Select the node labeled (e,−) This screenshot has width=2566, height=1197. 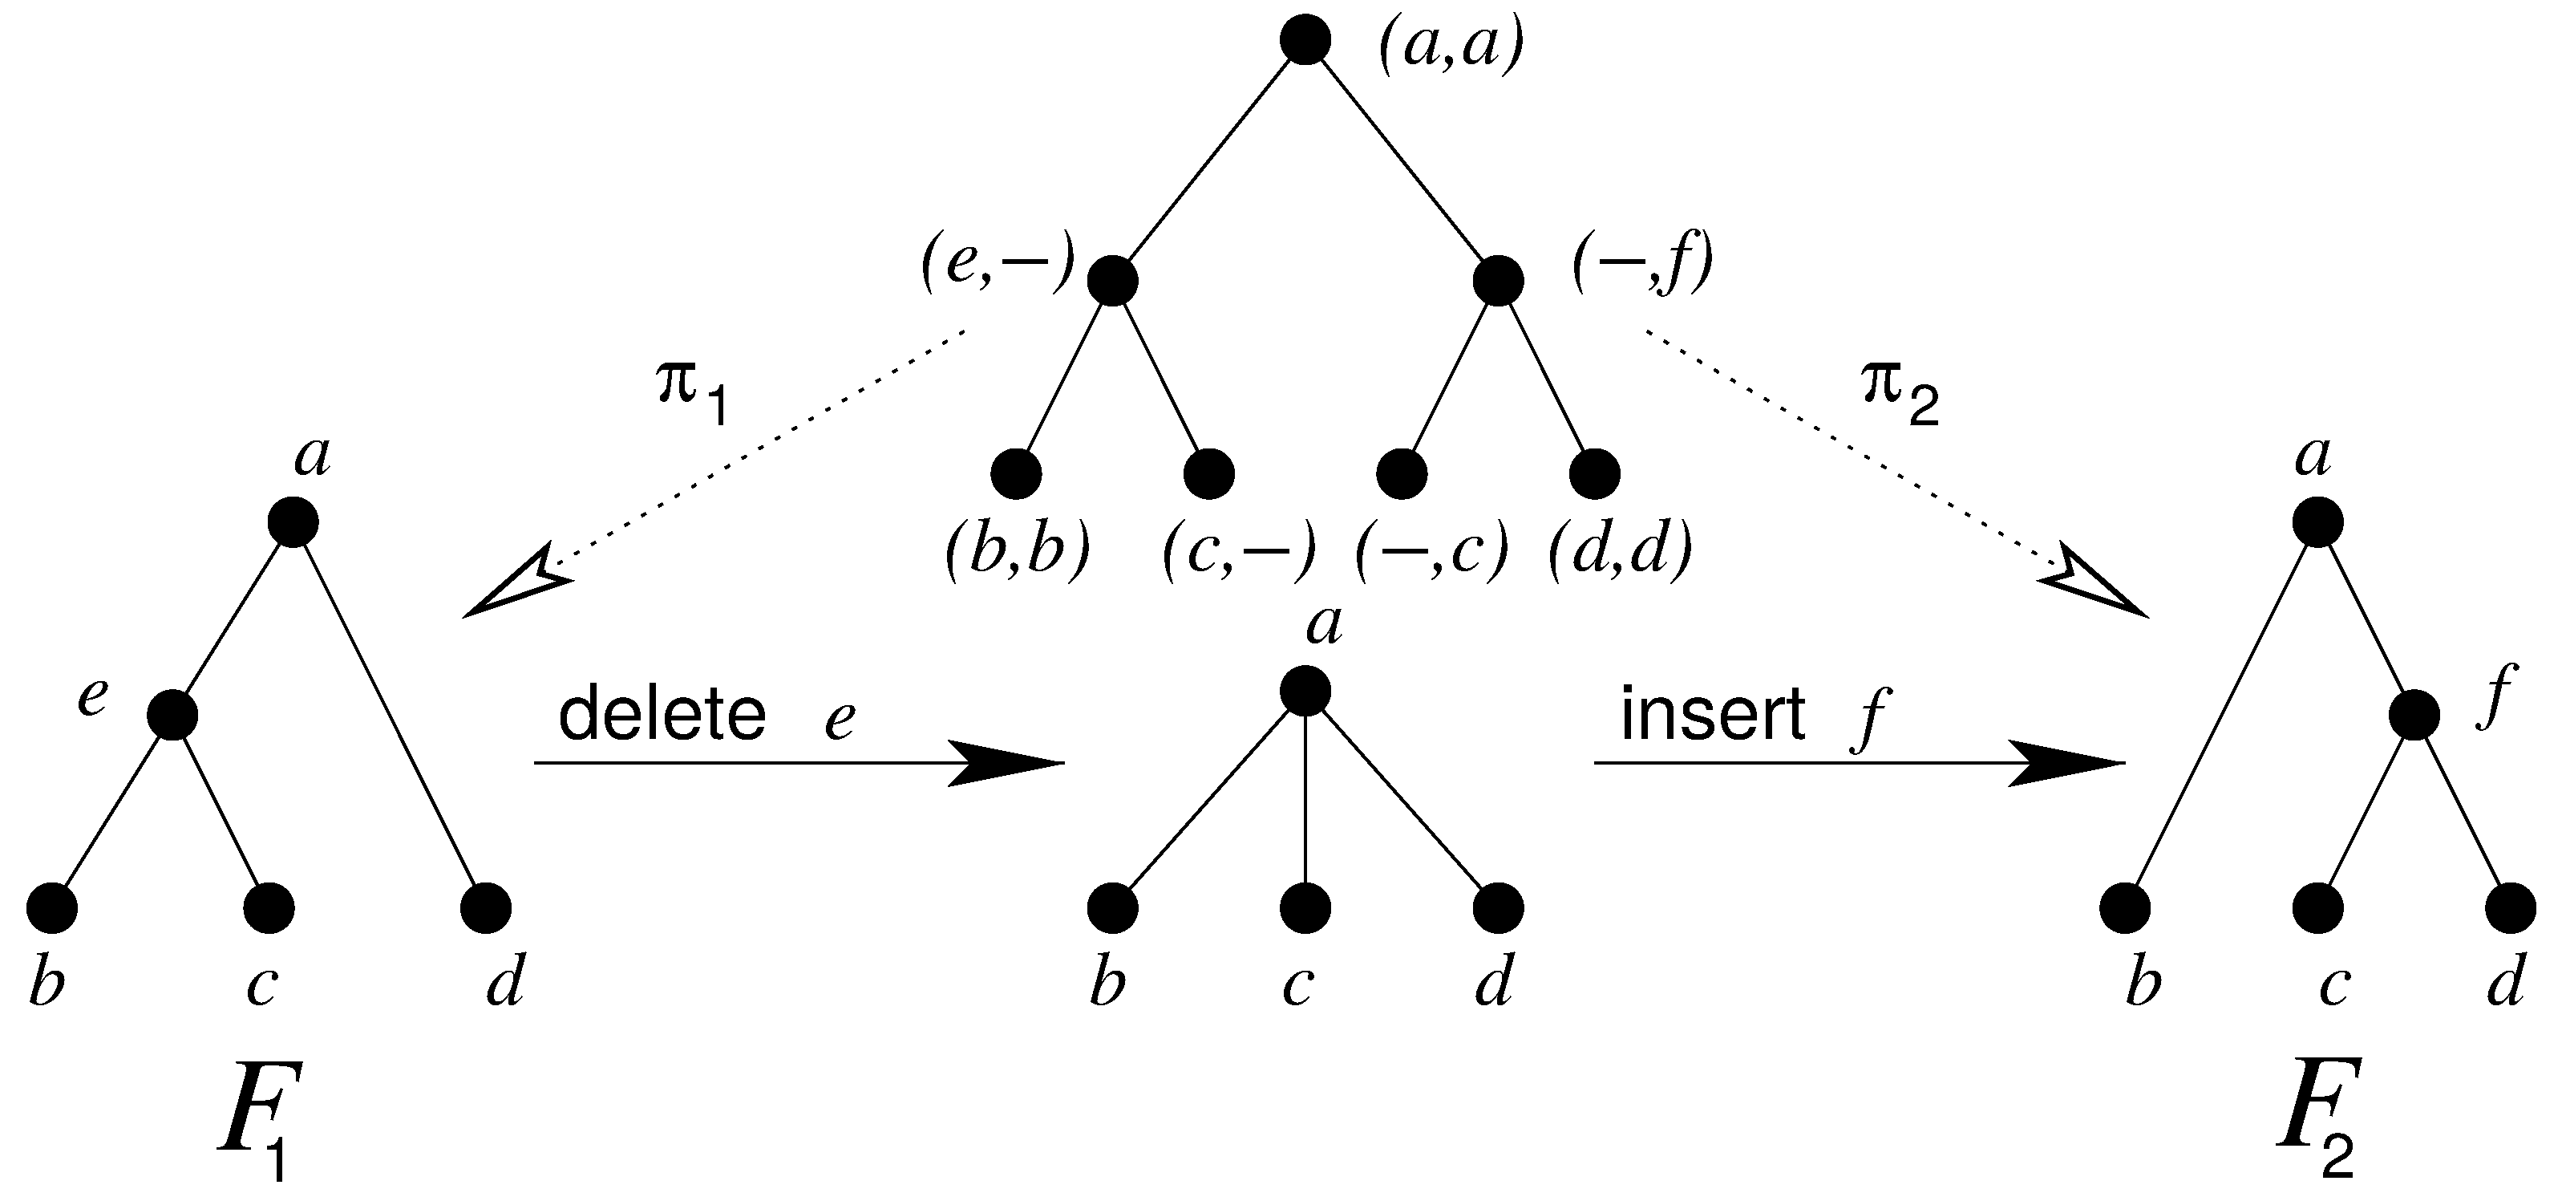1111,280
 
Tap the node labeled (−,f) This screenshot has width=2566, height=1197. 1498,280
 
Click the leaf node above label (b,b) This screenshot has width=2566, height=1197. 1016,473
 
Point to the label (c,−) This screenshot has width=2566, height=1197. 1239,552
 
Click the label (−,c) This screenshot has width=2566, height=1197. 1432,552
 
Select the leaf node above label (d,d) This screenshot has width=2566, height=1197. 1595,473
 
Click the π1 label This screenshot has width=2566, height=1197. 694,392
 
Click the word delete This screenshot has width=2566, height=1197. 662,715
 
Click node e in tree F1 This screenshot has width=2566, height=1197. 172,715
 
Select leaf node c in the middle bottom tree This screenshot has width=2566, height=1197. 1305,907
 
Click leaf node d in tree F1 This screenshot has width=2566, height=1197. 486,907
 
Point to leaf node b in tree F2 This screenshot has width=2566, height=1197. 2125,907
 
